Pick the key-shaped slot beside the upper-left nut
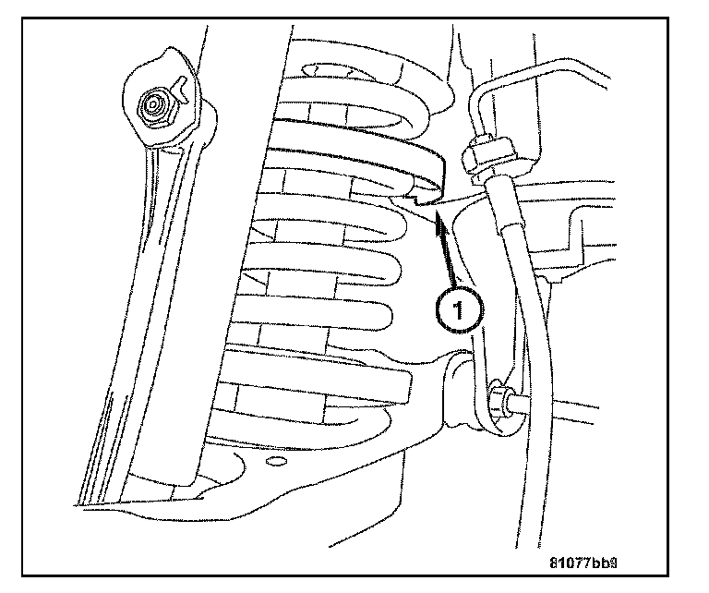(x=182, y=90)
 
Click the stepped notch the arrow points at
(x=421, y=197)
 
